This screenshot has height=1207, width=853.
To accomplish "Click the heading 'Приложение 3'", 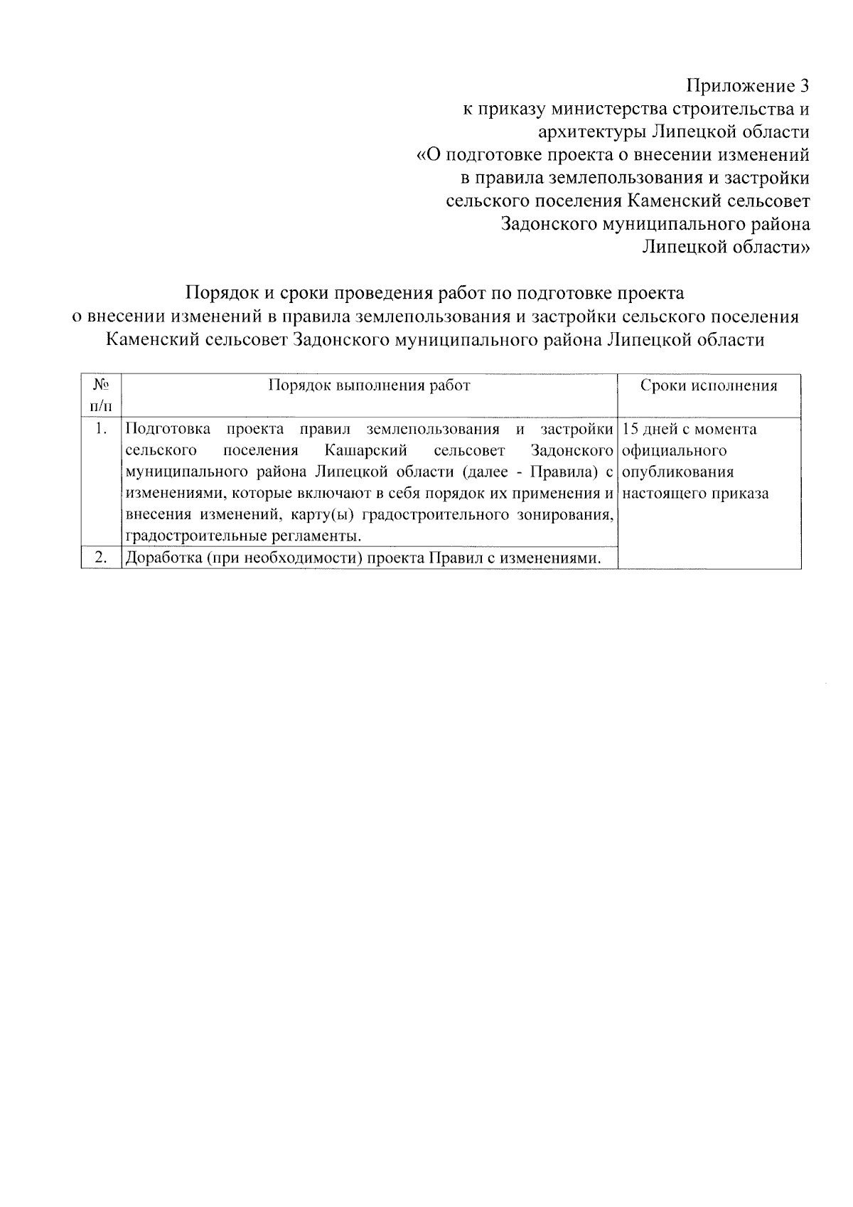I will coord(747,87).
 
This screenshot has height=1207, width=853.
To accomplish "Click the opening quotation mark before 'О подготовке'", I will coord(420,155).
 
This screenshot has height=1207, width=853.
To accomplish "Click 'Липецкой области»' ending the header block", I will coord(725,247).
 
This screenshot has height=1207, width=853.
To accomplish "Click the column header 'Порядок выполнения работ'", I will coord(369,386).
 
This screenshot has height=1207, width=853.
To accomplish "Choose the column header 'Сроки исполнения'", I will coord(709,386).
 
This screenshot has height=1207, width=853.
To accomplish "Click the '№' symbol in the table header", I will coord(100,385).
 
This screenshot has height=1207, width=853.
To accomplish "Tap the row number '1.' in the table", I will coord(101,429).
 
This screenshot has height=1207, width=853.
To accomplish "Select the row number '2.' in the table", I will coord(101,558).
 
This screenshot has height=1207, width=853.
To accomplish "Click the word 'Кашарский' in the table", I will coord(365,451).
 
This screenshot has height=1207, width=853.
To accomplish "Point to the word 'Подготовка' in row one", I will coord(167,429).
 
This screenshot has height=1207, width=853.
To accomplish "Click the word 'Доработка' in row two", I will coord(160,558).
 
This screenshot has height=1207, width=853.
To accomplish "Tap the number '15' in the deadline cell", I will coord(630,430).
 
